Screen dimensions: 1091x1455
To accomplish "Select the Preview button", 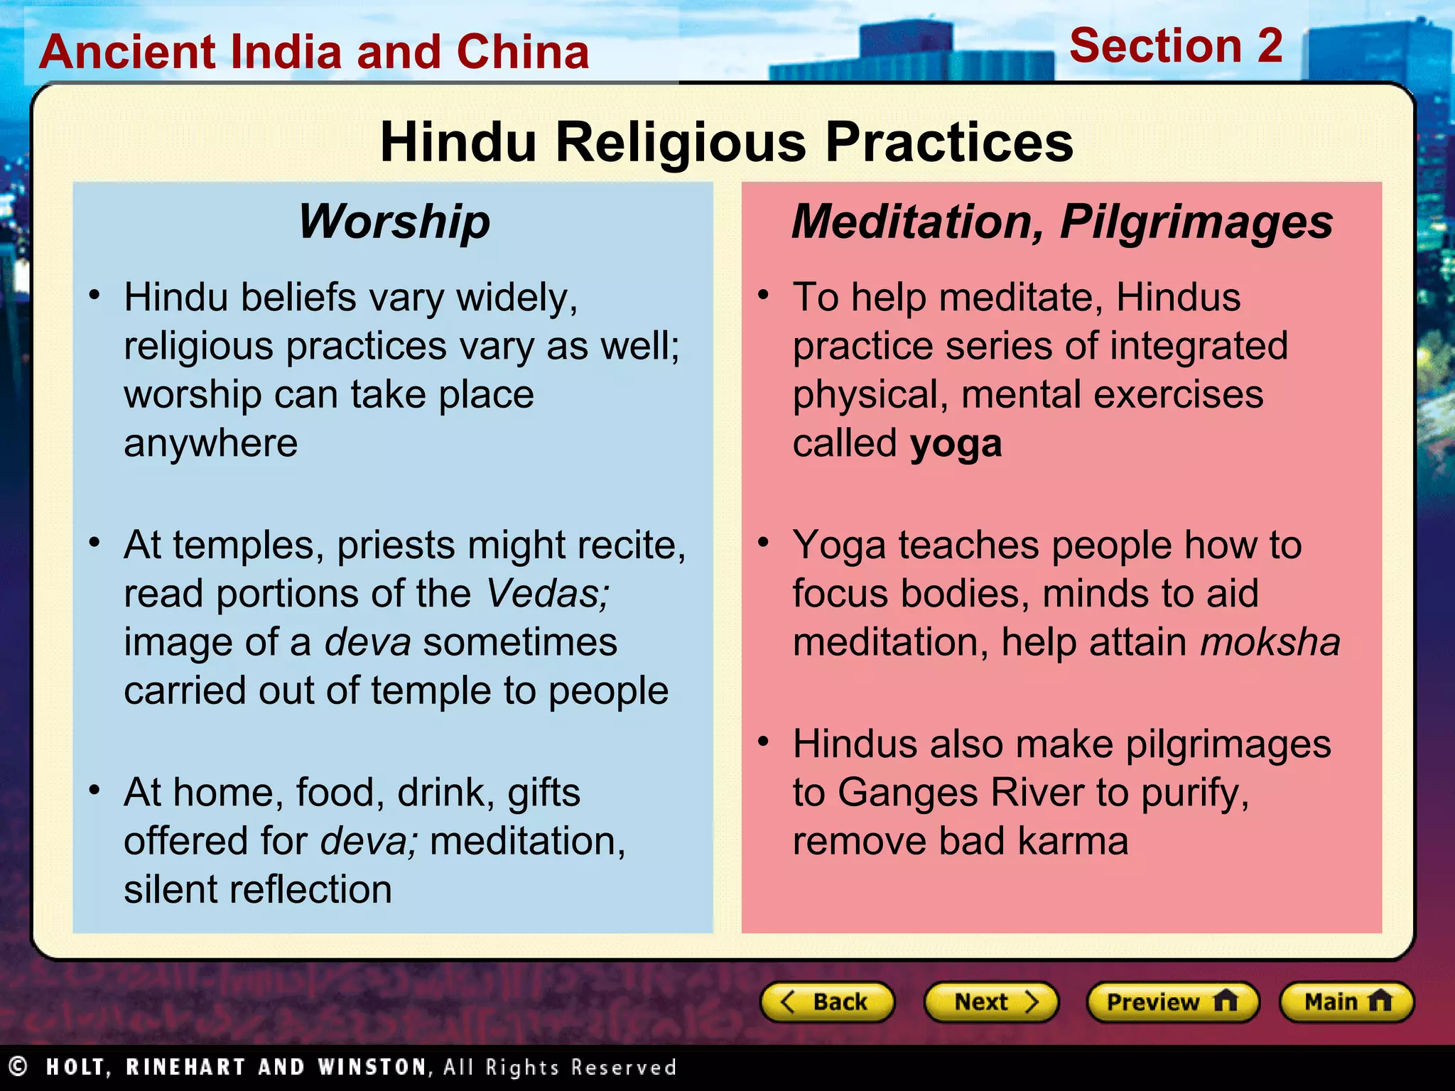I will click(x=1172, y=1002).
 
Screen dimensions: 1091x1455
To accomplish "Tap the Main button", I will click(x=1346, y=1002).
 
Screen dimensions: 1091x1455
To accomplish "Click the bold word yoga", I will click(x=956, y=445).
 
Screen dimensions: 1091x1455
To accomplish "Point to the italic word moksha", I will click(x=1270, y=642).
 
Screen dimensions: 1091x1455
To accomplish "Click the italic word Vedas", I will click(x=547, y=594).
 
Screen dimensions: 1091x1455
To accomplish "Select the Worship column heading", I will click(x=394, y=222).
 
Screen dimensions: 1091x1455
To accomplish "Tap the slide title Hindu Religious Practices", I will click(x=726, y=142).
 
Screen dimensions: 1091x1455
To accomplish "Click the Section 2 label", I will click(x=1176, y=45).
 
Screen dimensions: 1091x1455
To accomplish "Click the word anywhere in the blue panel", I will click(x=210, y=445).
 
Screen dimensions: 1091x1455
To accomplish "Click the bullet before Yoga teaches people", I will click(x=764, y=543).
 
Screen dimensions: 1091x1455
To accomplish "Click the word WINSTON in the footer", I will click(x=372, y=1067).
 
